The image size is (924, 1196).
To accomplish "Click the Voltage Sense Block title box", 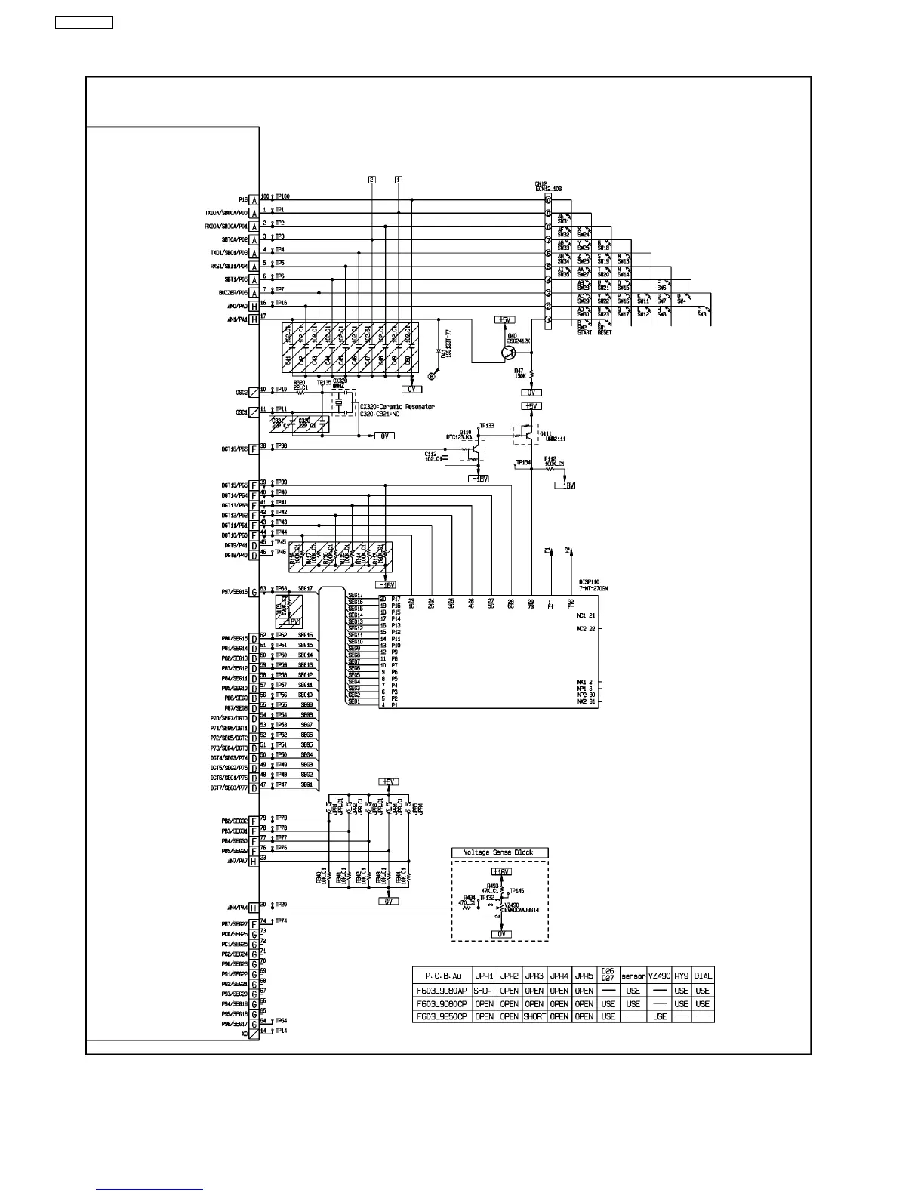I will click(x=500, y=852).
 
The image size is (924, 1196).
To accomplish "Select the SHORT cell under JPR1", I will click(x=485, y=991).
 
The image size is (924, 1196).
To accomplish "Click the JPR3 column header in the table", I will click(x=534, y=976).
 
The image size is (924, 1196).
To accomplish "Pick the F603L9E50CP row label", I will click(x=442, y=1016).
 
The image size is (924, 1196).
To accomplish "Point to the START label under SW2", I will click(x=584, y=333).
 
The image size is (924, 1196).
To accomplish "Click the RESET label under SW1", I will click(x=605, y=333).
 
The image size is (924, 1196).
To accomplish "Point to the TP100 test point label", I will click(x=282, y=196).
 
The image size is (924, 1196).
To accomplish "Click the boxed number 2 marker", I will click(x=372, y=180).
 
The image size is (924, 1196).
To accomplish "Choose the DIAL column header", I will click(x=702, y=976).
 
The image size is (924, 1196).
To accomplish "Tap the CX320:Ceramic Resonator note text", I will click(x=397, y=407).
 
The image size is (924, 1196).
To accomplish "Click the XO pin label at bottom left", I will click(x=244, y=1034).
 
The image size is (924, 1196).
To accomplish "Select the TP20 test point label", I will click(x=281, y=904).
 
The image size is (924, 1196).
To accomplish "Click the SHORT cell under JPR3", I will click(x=534, y=1016).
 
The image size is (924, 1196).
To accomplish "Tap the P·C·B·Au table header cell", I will click(x=442, y=976).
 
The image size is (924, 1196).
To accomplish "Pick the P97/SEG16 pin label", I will click(x=232, y=592).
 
